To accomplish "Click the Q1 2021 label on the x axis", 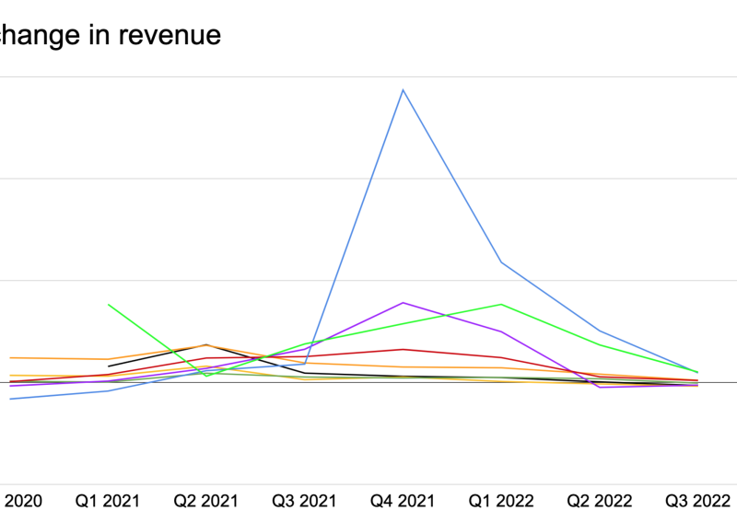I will tap(108, 501).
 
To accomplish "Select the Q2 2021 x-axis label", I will tap(206, 501).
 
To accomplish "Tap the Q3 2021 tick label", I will tap(304, 501).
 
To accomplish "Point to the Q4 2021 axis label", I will tap(403, 501).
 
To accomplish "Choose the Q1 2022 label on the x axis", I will tap(501, 501).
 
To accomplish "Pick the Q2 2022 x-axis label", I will tap(600, 501).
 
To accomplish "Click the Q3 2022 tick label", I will tap(697, 501).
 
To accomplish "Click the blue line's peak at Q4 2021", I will tap(403, 89).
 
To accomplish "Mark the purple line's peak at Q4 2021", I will tap(403, 302).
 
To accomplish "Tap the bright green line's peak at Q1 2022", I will tap(501, 304).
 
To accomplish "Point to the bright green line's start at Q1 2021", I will tap(109, 304).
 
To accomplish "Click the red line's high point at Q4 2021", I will tap(403, 349).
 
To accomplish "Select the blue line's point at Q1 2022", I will tap(501, 262).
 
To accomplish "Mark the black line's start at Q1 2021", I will tap(109, 366).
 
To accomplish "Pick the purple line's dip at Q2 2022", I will tap(600, 387).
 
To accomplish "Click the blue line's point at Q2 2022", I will tap(600, 331).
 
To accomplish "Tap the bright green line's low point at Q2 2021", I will tap(206, 376).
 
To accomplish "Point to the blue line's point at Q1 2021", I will tap(109, 390).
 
